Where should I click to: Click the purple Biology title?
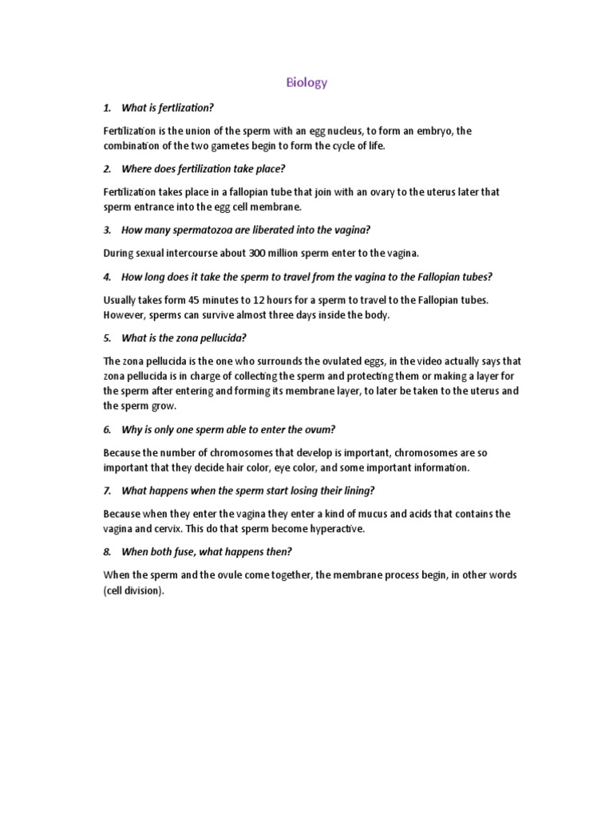coord(306,82)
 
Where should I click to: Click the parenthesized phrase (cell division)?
coord(133,590)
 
